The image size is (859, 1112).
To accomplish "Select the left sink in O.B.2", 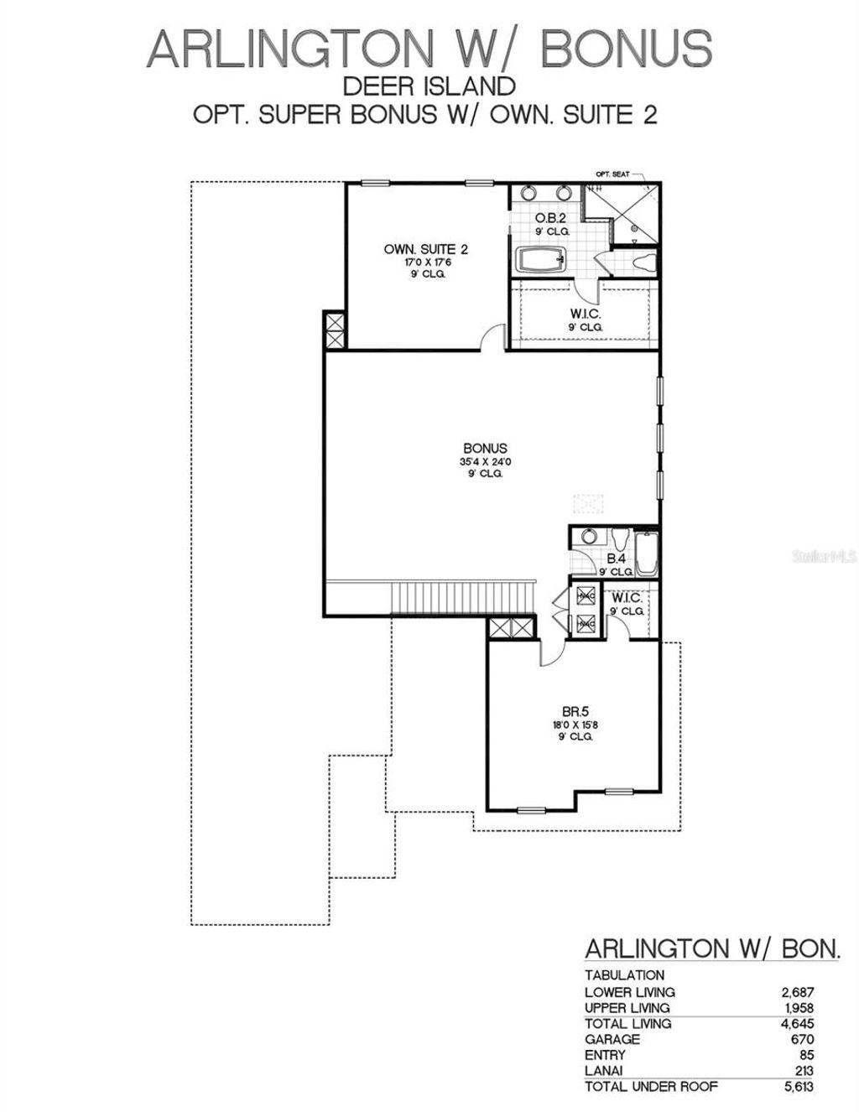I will pos(528,192).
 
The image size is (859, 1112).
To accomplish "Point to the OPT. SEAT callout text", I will pos(612,174).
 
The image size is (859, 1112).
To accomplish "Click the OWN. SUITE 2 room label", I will pos(425,249).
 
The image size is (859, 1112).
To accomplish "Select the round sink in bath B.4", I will pos(589,537).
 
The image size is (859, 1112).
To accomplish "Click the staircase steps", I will pos(461,598).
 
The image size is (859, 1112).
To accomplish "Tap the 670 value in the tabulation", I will pos(804,1039).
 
